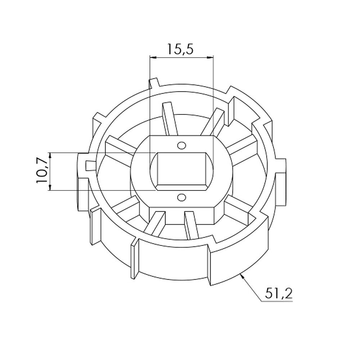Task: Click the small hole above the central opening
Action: point(181,145)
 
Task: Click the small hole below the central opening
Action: point(181,197)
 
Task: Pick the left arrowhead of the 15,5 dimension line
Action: point(152,57)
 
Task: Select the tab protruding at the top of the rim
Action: point(153,83)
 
